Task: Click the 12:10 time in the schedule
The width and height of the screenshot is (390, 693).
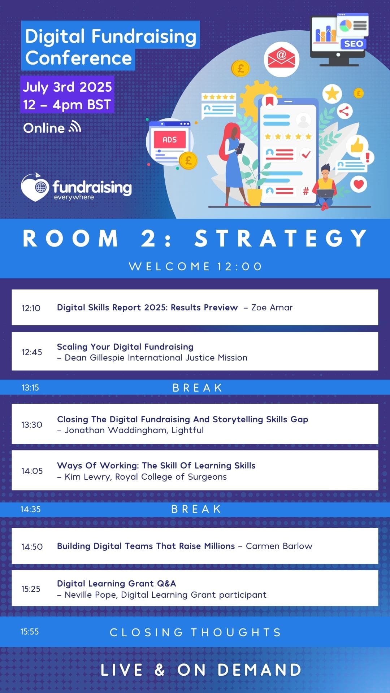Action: pyautogui.click(x=31, y=308)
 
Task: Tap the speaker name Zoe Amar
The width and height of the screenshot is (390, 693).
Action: pyautogui.click(x=272, y=308)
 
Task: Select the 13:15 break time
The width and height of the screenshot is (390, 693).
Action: pyautogui.click(x=30, y=388)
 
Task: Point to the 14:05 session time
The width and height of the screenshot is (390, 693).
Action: pyautogui.click(x=32, y=471)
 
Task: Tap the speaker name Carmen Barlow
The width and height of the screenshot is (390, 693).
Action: pyautogui.click(x=279, y=546)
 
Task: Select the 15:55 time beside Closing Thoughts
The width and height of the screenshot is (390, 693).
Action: pyautogui.click(x=30, y=632)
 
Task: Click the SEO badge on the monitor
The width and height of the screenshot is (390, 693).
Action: pyautogui.click(x=353, y=44)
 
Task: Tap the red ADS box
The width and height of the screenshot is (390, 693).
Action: pyautogui.click(x=170, y=140)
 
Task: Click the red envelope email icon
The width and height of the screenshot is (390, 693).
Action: pyautogui.click(x=281, y=59)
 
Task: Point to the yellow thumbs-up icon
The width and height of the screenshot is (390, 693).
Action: pyautogui.click(x=357, y=145)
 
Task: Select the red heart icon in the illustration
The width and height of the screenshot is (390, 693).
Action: pyautogui.click(x=359, y=184)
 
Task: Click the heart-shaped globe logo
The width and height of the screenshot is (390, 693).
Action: pyautogui.click(x=35, y=187)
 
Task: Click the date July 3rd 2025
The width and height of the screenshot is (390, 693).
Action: pyautogui.click(x=68, y=87)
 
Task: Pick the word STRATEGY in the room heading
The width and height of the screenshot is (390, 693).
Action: pyautogui.click(x=281, y=239)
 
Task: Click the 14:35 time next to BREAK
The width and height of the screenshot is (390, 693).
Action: pyautogui.click(x=30, y=509)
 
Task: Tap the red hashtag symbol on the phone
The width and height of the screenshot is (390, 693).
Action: pyautogui.click(x=306, y=191)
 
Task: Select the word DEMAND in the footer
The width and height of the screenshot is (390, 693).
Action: pyautogui.click(x=260, y=670)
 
